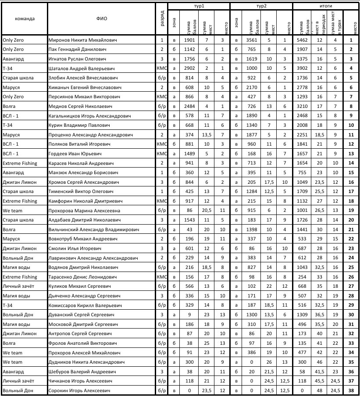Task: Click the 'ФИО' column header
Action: click(101, 19)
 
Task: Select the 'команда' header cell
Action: click(25, 19)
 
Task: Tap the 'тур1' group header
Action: click(199, 7)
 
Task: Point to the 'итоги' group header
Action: click(325, 7)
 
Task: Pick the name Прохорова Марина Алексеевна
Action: click(82, 211)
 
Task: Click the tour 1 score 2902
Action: click(189, 68)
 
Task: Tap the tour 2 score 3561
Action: click(252, 40)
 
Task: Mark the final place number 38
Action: click(351, 390)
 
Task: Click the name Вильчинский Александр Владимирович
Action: click(93, 229)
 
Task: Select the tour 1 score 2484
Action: click(189, 106)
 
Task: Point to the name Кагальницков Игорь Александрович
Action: click(90, 116)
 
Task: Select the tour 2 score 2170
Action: click(252, 87)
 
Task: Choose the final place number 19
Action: click(351, 211)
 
